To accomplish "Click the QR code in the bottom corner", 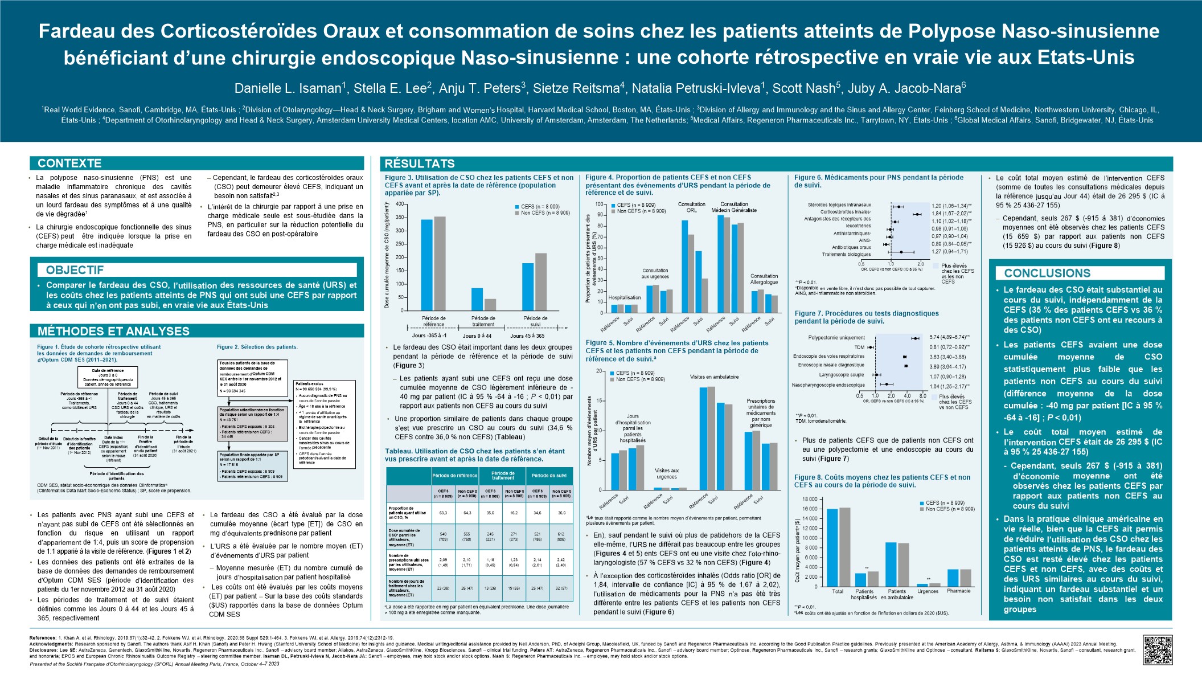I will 1157,650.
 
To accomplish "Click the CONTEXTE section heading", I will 69,163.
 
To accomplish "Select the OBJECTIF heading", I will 75,270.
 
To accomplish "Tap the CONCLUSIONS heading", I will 1047,273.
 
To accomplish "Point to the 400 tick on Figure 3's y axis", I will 399,204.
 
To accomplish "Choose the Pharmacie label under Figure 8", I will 958,591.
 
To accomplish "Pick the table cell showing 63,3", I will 443,513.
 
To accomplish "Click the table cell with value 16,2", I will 514,513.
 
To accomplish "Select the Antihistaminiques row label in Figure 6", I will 852,234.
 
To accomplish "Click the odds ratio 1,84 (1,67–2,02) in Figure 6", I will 951,212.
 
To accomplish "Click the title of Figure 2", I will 257,347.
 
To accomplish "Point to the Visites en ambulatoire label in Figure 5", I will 714,377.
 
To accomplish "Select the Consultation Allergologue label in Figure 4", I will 764,279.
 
